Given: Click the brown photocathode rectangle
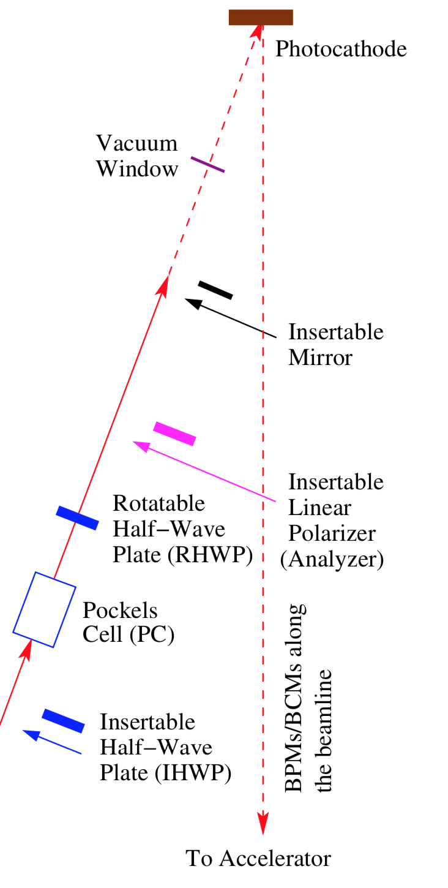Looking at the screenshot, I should [x=261, y=17].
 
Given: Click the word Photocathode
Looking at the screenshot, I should [x=341, y=49].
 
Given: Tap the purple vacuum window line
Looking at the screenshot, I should [x=207, y=164].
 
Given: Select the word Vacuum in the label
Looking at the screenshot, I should [x=136, y=145].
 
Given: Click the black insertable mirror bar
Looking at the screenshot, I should [x=215, y=290].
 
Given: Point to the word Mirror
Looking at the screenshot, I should [x=320, y=357].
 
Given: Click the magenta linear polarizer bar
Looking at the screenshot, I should [x=174, y=433].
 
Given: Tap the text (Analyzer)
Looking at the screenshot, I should [x=332, y=559].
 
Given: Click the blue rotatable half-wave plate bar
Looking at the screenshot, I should [x=77, y=517].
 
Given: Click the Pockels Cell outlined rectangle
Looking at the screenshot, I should [x=44, y=609].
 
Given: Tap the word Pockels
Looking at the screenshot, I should [x=120, y=611].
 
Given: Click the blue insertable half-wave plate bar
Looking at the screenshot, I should [x=63, y=721].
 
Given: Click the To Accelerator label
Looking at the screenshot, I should [x=258, y=859].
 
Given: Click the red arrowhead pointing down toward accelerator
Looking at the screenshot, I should [x=263, y=824].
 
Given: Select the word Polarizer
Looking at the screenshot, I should [x=332, y=533].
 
